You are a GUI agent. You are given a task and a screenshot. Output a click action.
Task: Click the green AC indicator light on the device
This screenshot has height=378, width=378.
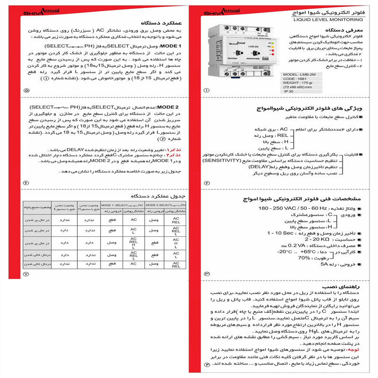pyautogui.click(x=270, y=43)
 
